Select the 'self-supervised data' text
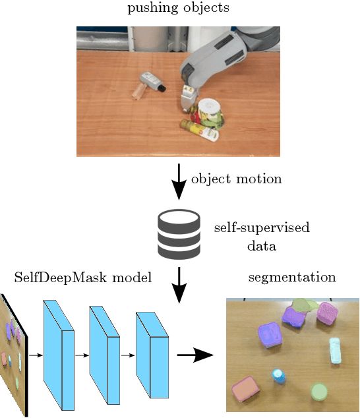262,237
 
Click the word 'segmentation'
292,277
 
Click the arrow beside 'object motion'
179,181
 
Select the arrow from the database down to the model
179,284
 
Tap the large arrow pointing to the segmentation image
196,355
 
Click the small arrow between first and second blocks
82,355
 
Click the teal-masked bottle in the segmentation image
336,350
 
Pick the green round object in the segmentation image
319,392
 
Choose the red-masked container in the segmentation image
245,390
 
